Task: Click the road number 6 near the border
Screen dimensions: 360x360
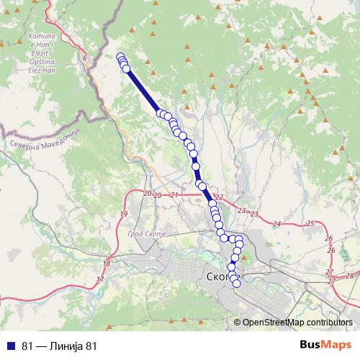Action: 84,58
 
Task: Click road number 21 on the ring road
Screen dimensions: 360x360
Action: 174,195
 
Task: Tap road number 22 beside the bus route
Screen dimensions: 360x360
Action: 220,197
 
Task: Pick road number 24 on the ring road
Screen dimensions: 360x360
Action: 276,224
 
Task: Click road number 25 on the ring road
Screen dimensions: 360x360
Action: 310,224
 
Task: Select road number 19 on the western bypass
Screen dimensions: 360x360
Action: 124,215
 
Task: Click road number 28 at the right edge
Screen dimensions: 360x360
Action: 351,276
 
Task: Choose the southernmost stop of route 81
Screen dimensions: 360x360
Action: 236,282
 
